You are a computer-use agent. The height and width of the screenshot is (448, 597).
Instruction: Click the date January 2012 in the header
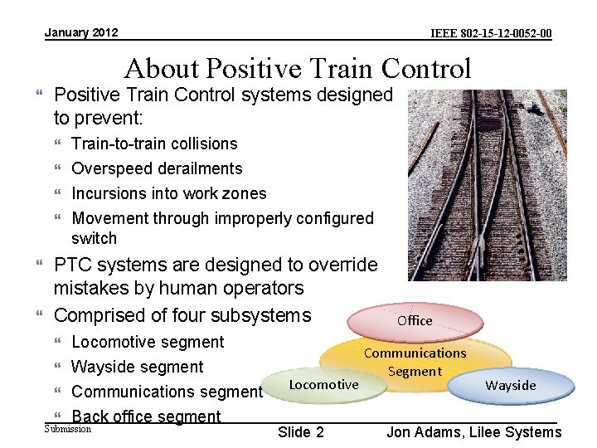(81, 32)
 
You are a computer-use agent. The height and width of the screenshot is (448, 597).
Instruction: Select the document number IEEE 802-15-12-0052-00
(492, 34)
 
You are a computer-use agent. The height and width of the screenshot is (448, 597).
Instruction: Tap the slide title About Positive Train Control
(298, 68)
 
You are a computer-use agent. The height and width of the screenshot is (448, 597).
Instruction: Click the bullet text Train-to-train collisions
(154, 144)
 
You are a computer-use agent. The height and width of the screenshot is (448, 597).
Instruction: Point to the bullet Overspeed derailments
(157, 168)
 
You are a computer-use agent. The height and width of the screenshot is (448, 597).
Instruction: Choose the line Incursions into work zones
(169, 193)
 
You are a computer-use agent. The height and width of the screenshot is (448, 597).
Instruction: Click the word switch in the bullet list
(95, 238)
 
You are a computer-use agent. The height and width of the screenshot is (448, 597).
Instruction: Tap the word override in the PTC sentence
(342, 265)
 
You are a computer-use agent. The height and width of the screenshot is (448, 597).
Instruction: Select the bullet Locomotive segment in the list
(148, 342)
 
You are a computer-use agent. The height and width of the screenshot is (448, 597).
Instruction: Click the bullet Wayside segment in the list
(137, 367)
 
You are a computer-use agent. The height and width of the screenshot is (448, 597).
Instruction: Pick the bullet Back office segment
(146, 416)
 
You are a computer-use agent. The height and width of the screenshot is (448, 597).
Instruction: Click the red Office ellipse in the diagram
(415, 320)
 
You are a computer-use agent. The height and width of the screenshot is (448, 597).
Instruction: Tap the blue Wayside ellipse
(511, 385)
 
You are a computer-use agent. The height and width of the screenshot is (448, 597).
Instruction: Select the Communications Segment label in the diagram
(415, 362)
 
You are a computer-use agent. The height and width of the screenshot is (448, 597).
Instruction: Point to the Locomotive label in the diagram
(323, 384)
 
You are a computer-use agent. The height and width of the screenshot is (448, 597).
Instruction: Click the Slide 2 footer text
(301, 431)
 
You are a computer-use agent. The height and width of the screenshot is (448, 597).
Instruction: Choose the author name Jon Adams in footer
(423, 431)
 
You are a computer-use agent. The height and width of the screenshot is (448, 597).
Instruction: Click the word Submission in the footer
(67, 429)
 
